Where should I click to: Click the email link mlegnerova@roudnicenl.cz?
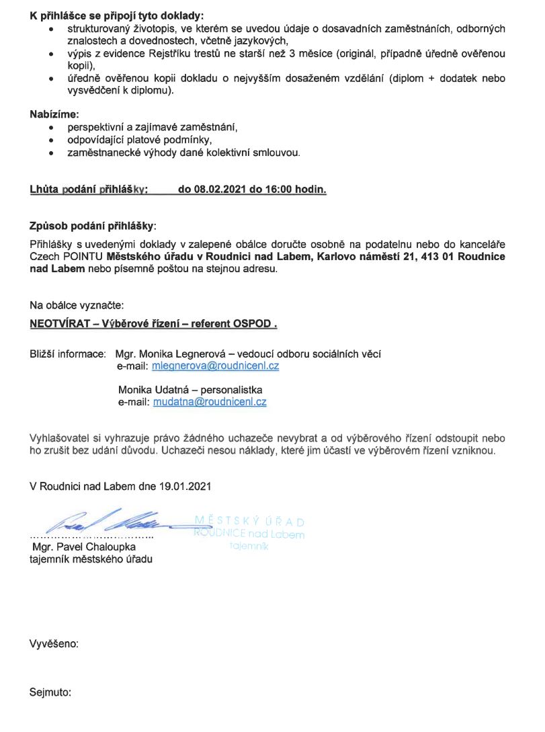tap(216, 366)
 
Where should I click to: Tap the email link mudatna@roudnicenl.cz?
tap(210, 402)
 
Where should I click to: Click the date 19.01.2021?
tap(187, 485)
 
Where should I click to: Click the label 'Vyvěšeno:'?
tap(54, 643)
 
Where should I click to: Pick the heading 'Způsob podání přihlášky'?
tap(92, 225)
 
